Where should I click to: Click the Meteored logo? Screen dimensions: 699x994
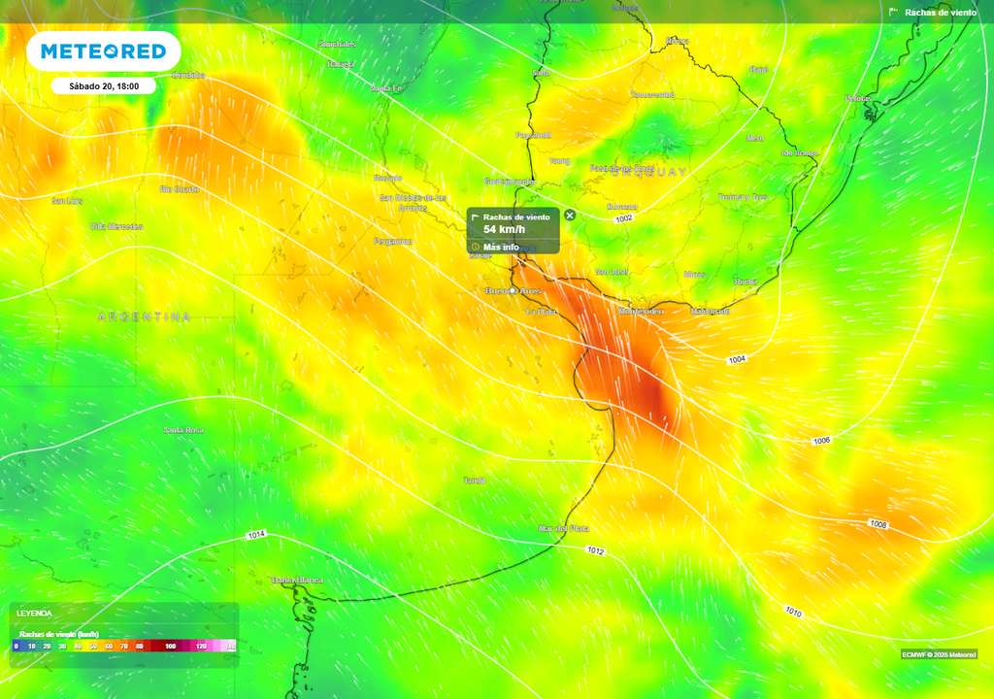click(102, 51)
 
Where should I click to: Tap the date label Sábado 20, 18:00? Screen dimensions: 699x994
click(104, 85)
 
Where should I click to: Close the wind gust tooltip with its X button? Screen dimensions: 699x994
click(570, 216)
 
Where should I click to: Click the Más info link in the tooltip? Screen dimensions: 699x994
click(501, 247)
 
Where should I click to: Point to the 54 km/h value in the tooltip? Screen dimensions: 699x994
click(504, 230)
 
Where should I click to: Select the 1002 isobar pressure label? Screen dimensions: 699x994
click(624, 219)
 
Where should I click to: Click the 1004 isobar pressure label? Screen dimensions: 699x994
click(737, 360)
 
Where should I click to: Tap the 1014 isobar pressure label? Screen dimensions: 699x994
click(256, 535)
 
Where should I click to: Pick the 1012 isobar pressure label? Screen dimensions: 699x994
click(596, 550)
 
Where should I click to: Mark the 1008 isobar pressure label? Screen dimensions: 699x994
click(878, 524)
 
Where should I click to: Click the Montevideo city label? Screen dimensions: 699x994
click(641, 311)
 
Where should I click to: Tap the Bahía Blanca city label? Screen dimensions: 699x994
click(297, 580)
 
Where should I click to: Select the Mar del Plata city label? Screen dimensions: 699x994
click(564, 528)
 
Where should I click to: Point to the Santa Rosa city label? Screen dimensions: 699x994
click(182, 429)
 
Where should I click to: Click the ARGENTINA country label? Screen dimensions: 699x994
click(144, 317)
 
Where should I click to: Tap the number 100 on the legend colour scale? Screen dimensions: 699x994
click(170, 646)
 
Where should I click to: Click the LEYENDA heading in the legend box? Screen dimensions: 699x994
click(34, 614)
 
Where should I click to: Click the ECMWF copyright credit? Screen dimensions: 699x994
click(938, 653)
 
